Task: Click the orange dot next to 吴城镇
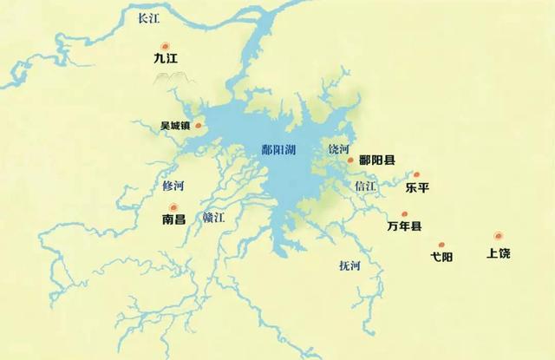[199, 126]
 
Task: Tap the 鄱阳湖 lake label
[278, 149]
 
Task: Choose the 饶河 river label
[337, 149]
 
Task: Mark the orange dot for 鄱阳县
[350, 160]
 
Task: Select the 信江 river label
[365, 186]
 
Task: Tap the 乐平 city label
[417, 187]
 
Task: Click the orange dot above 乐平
[417, 173]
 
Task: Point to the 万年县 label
[404, 226]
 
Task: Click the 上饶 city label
[499, 254]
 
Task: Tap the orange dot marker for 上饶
[498, 235]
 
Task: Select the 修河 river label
[173, 186]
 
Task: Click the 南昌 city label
[174, 220]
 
